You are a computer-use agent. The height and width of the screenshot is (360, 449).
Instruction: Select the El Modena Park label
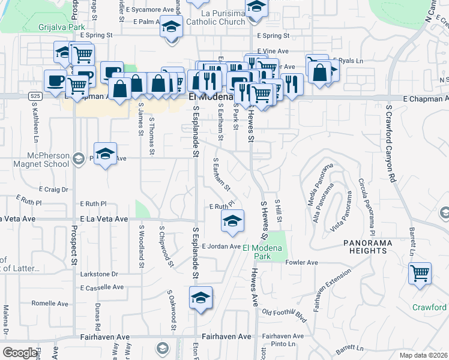click(x=253, y=252)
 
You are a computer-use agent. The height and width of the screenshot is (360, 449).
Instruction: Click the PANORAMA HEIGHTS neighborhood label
click(x=367, y=242)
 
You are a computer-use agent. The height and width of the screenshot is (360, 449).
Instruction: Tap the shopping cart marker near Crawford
click(x=420, y=274)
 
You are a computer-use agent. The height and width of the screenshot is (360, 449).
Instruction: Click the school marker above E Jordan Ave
click(x=232, y=221)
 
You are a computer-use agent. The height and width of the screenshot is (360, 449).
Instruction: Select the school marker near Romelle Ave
click(x=200, y=298)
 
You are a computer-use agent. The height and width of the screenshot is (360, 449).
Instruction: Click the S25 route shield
click(x=35, y=96)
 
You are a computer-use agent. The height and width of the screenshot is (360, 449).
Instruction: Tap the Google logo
click(x=20, y=353)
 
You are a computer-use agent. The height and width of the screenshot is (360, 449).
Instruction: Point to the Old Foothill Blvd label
click(x=285, y=314)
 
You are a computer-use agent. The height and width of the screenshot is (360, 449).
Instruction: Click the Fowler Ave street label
click(x=302, y=263)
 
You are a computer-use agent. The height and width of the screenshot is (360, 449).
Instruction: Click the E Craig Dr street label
click(x=55, y=188)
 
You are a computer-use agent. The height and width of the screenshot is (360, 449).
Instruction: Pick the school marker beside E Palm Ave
click(x=172, y=28)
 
